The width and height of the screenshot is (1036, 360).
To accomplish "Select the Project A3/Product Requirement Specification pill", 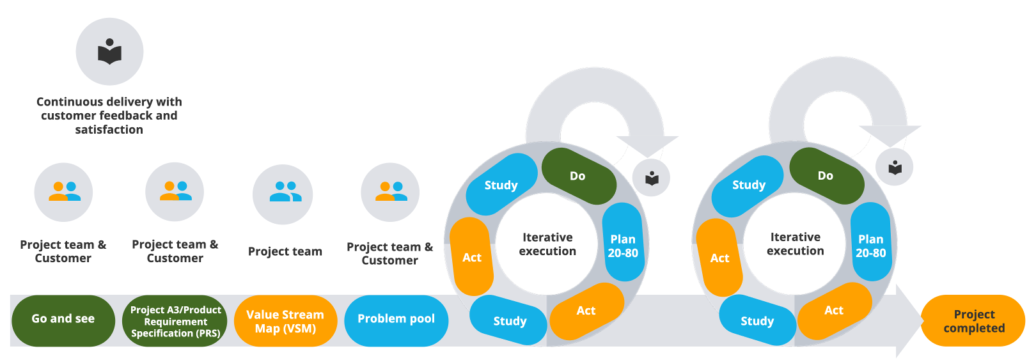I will [175, 321].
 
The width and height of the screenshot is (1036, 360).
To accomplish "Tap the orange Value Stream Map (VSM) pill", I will [285, 321].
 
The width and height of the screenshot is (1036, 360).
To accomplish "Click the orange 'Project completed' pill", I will [973, 321].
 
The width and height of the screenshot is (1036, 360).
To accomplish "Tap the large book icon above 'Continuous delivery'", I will [109, 52].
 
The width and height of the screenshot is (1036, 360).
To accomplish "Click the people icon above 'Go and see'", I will [64, 192].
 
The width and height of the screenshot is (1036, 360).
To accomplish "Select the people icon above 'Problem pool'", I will [390, 192].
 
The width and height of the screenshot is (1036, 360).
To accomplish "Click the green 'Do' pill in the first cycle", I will [578, 176].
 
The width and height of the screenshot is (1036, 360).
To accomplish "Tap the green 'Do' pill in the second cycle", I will [826, 176].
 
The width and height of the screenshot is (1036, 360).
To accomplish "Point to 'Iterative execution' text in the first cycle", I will [547, 244].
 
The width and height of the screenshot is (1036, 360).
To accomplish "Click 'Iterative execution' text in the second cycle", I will [795, 244].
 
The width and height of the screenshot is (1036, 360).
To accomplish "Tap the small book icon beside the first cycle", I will [652, 178].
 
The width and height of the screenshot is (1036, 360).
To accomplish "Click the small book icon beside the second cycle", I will [895, 168].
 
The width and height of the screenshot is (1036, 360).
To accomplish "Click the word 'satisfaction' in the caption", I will [109, 130].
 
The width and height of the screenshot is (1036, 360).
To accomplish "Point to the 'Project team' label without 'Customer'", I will [285, 252].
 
